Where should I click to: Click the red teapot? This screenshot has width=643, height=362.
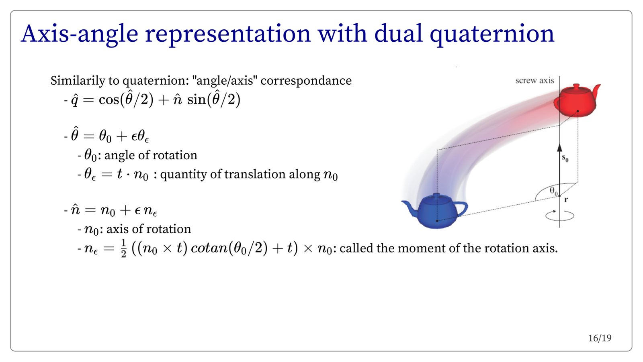[x=575, y=101]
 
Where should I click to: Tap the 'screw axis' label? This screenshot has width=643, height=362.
[x=534, y=81]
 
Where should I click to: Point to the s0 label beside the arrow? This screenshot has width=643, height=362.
[x=565, y=158]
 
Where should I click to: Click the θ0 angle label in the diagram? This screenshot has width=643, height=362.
[x=553, y=191]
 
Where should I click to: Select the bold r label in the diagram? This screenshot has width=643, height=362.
[x=566, y=200]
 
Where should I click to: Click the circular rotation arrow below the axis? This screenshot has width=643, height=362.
[x=559, y=216]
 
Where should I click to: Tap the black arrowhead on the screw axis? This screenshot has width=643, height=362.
[x=559, y=148]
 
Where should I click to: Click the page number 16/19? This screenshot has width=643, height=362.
[x=600, y=338]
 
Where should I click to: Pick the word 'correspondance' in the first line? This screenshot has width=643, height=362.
[x=306, y=81]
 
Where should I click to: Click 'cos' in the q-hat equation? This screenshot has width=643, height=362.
[x=109, y=100]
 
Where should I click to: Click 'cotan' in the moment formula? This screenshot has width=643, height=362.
[x=209, y=248]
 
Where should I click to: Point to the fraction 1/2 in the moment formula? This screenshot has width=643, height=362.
[x=123, y=248]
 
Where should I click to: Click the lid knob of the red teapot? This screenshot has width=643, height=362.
[x=576, y=86]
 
